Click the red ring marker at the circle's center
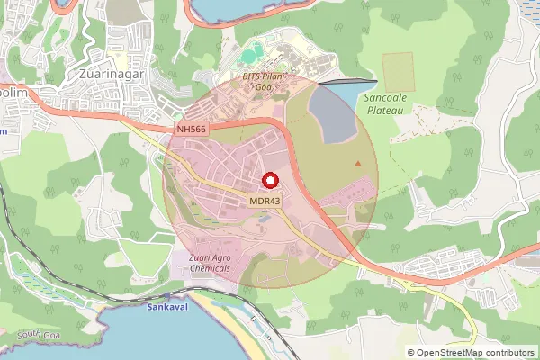click(x=270, y=180)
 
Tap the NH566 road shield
click(x=192, y=130)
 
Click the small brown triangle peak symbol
click(x=359, y=163)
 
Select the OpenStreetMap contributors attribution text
click(x=476, y=352)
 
